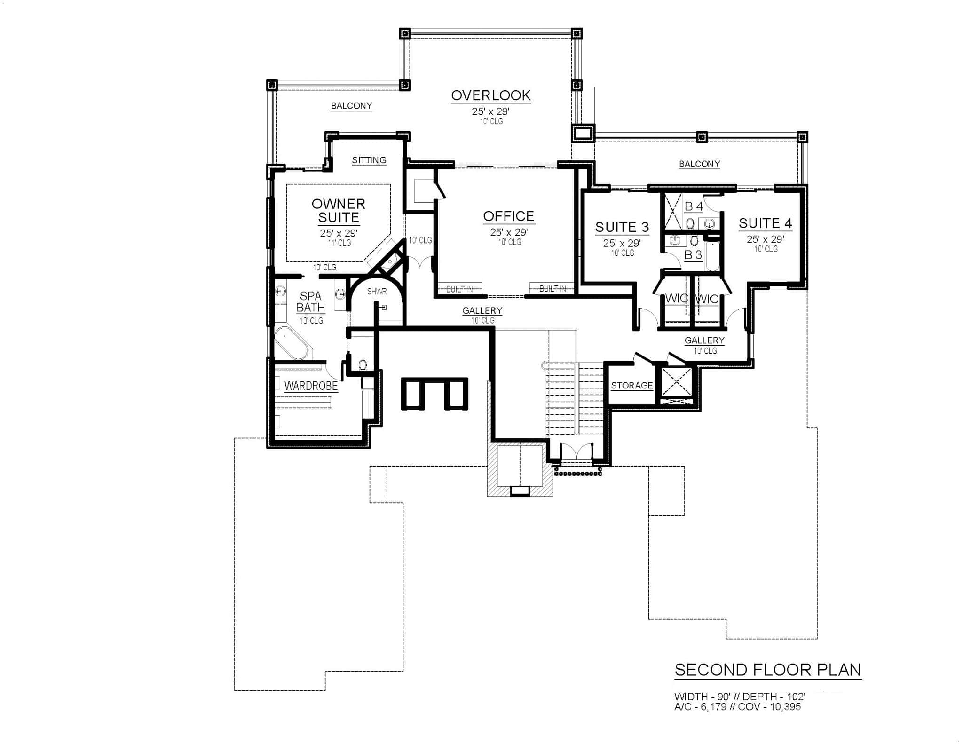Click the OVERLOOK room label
(491, 95)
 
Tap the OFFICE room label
(509, 216)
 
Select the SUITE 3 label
(622, 227)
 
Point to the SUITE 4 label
(766, 223)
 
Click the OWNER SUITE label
(339, 211)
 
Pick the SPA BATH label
(311, 301)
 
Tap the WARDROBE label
(311, 386)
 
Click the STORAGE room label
(632, 386)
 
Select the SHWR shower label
(377, 292)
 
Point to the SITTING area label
(369, 160)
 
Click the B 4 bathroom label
(694, 206)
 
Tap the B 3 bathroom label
(693, 255)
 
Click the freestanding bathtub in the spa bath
(292, 343)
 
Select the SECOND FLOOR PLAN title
(768, 670)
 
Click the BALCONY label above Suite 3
(699, 164)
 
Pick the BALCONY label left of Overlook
(351, 106)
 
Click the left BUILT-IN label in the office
(459, 289)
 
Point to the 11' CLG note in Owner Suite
(339, 243)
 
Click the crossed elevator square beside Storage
(677, 382)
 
